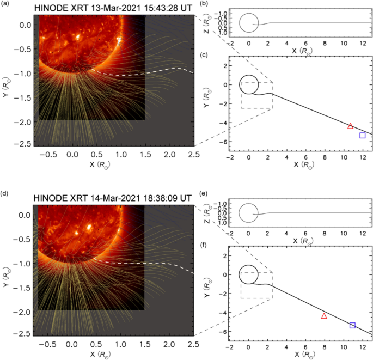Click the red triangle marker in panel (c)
coord(351,126)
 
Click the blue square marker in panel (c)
coord(363,135)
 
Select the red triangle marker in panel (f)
coord(324,316)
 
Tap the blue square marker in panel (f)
coord(352,325)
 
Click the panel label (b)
coord(203,4)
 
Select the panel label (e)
coord(203,193)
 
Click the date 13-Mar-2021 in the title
coord(112,9)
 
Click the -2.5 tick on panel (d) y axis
coord(25,333)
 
